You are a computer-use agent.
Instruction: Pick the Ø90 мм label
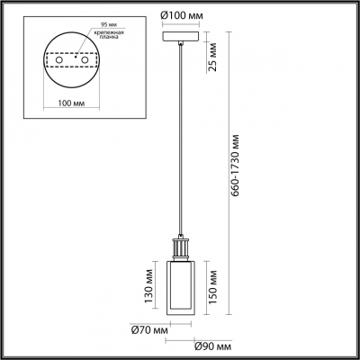click(x=212, y=346)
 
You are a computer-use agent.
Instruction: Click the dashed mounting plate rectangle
click(x=74, y=57)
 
